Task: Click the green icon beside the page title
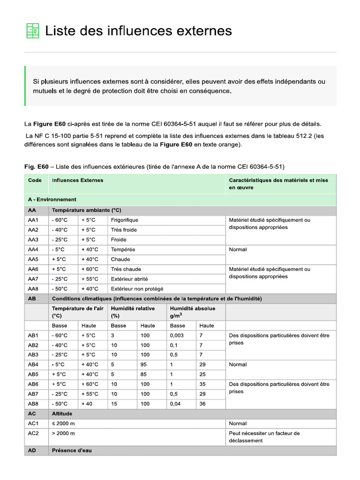pyautogui.click(x=32, y=31)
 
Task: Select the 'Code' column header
pyautogui.click(x=35, y=180)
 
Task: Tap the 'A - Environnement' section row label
pyautogui.click(x=52, y=200)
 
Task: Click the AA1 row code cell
pyautogui.click(x=33, y=220)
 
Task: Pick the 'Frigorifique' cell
pyautogui.click(x=124, y=220)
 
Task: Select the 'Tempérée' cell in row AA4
pyautogui.click(x=123, y=249)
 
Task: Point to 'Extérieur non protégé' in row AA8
pyautogui.click(x=137, y=289)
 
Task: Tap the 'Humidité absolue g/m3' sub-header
pyautogui.click(x=192, y=312)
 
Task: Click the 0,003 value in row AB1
pyautogui.click(x=177, y=335)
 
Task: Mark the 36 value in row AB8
pyautogui.click(x=202, y=404)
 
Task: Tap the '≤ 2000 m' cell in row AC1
pyautogui.click(x=63, y=423)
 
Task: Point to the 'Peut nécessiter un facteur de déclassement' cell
pyautogui.click(x=264, y=437)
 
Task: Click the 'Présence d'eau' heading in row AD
pyautogui.click(x=72, y=450)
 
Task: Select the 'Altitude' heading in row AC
pyautogui.click(x=62, y=414)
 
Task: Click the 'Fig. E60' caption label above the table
pyautogui.click(x=36, y=166)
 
